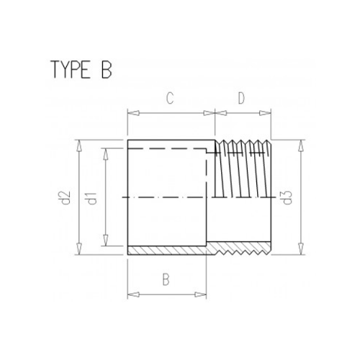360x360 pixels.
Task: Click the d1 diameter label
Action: point(92,197)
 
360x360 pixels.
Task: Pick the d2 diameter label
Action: point(65,197)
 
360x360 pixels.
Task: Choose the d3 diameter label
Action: point(287,197)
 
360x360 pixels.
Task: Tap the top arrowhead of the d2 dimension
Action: point(76,143)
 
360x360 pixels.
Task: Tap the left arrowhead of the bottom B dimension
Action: point(130,294)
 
